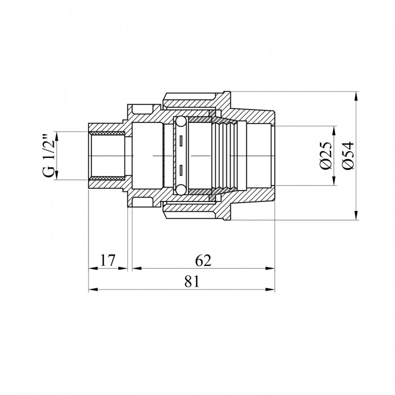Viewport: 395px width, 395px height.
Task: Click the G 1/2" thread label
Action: point(50,156)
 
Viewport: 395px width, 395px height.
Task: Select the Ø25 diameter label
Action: point(326,156)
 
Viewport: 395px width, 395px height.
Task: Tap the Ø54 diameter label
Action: point(348,156)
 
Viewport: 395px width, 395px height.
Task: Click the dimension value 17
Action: point(108,260)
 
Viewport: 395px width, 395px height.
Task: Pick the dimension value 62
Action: point(203,260)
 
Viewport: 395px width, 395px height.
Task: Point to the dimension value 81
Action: point(192,281)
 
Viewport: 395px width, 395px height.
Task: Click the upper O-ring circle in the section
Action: point(181,122)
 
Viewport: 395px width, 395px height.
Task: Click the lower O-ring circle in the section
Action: point(181,190)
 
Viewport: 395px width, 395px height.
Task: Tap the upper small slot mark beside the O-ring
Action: point(181,141)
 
